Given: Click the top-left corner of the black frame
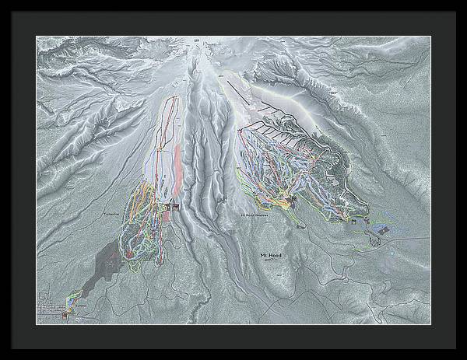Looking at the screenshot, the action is pos(2,2).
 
